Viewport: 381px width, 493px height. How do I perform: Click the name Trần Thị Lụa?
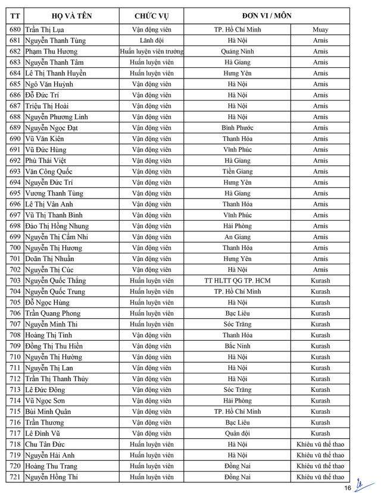[x=45, y=30]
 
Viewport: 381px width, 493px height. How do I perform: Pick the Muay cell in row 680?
[x=320, y=30]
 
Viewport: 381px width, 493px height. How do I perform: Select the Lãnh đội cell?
[x=151, y=40]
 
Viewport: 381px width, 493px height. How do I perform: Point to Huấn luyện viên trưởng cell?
[x=151, y=52]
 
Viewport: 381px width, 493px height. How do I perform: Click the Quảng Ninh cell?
[x=238, y=52]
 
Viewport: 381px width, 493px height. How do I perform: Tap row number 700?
[x=15, y=248]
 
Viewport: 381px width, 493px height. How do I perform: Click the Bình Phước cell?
[x=238, y=128]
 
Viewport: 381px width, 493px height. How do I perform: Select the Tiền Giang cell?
[x=238, y=171]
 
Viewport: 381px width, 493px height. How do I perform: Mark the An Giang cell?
[x=238, y=237]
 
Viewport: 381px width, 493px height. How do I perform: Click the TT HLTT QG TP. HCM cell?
[x=238, y=281]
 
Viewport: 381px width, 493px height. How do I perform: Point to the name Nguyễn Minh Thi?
[x=52, y=324]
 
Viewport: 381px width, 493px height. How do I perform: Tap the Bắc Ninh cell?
[x=238, y=346]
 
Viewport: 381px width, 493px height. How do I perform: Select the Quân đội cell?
[x=238, y=434]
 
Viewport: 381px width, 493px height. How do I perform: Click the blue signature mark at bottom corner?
[x=360, y=485]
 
